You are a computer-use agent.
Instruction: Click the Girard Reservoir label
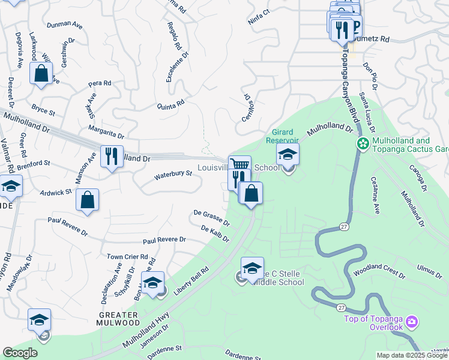pos(283,136)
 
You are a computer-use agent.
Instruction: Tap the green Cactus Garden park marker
pos(363,144)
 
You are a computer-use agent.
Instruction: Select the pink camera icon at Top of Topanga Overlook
pos(411,322)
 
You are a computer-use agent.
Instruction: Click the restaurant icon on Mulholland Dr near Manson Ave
pos(112,157)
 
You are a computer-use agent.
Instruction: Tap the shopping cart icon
pos(240,165)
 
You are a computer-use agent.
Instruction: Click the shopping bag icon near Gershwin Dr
pos(41,74)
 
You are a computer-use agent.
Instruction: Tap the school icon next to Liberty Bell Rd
pos(153,282)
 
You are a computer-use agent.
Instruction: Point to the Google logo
pos(20,353)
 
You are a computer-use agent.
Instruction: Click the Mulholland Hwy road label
pos(145,331)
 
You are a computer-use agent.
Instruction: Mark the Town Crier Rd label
pos(127,256)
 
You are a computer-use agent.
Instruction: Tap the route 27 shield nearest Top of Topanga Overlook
pos(341,308)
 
